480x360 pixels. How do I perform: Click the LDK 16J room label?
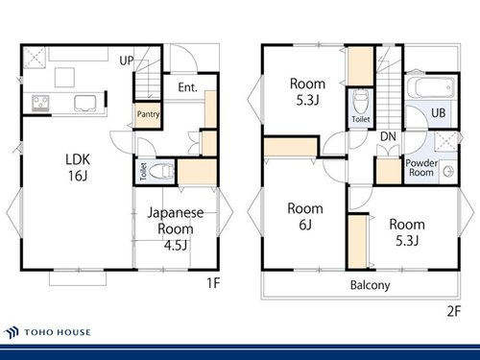(78, 167)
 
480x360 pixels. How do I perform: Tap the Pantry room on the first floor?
(148, 115)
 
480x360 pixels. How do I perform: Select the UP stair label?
(127, 60)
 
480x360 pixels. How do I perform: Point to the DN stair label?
(388, 136)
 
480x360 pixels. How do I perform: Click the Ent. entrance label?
(187, 87)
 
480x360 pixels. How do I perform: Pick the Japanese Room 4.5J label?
(176, 228)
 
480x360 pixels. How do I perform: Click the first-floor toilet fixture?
(161, 172)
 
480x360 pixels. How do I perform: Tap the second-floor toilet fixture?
(361, 102)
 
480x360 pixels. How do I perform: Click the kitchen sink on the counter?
(85, 103)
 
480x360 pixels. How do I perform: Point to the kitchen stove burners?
(40, 103)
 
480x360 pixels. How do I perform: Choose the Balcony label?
(371, 285)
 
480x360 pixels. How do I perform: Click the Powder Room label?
(421, 168)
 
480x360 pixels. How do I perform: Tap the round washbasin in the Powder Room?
(448, 172)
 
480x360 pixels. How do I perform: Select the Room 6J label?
(305, 217)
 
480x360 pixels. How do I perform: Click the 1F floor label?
(213, 283)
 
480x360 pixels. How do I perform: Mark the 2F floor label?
(454, 311)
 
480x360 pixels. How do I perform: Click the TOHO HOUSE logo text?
(58, 332)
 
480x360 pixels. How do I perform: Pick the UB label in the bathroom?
(438, 112)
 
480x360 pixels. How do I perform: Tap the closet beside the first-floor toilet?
(198, 172)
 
